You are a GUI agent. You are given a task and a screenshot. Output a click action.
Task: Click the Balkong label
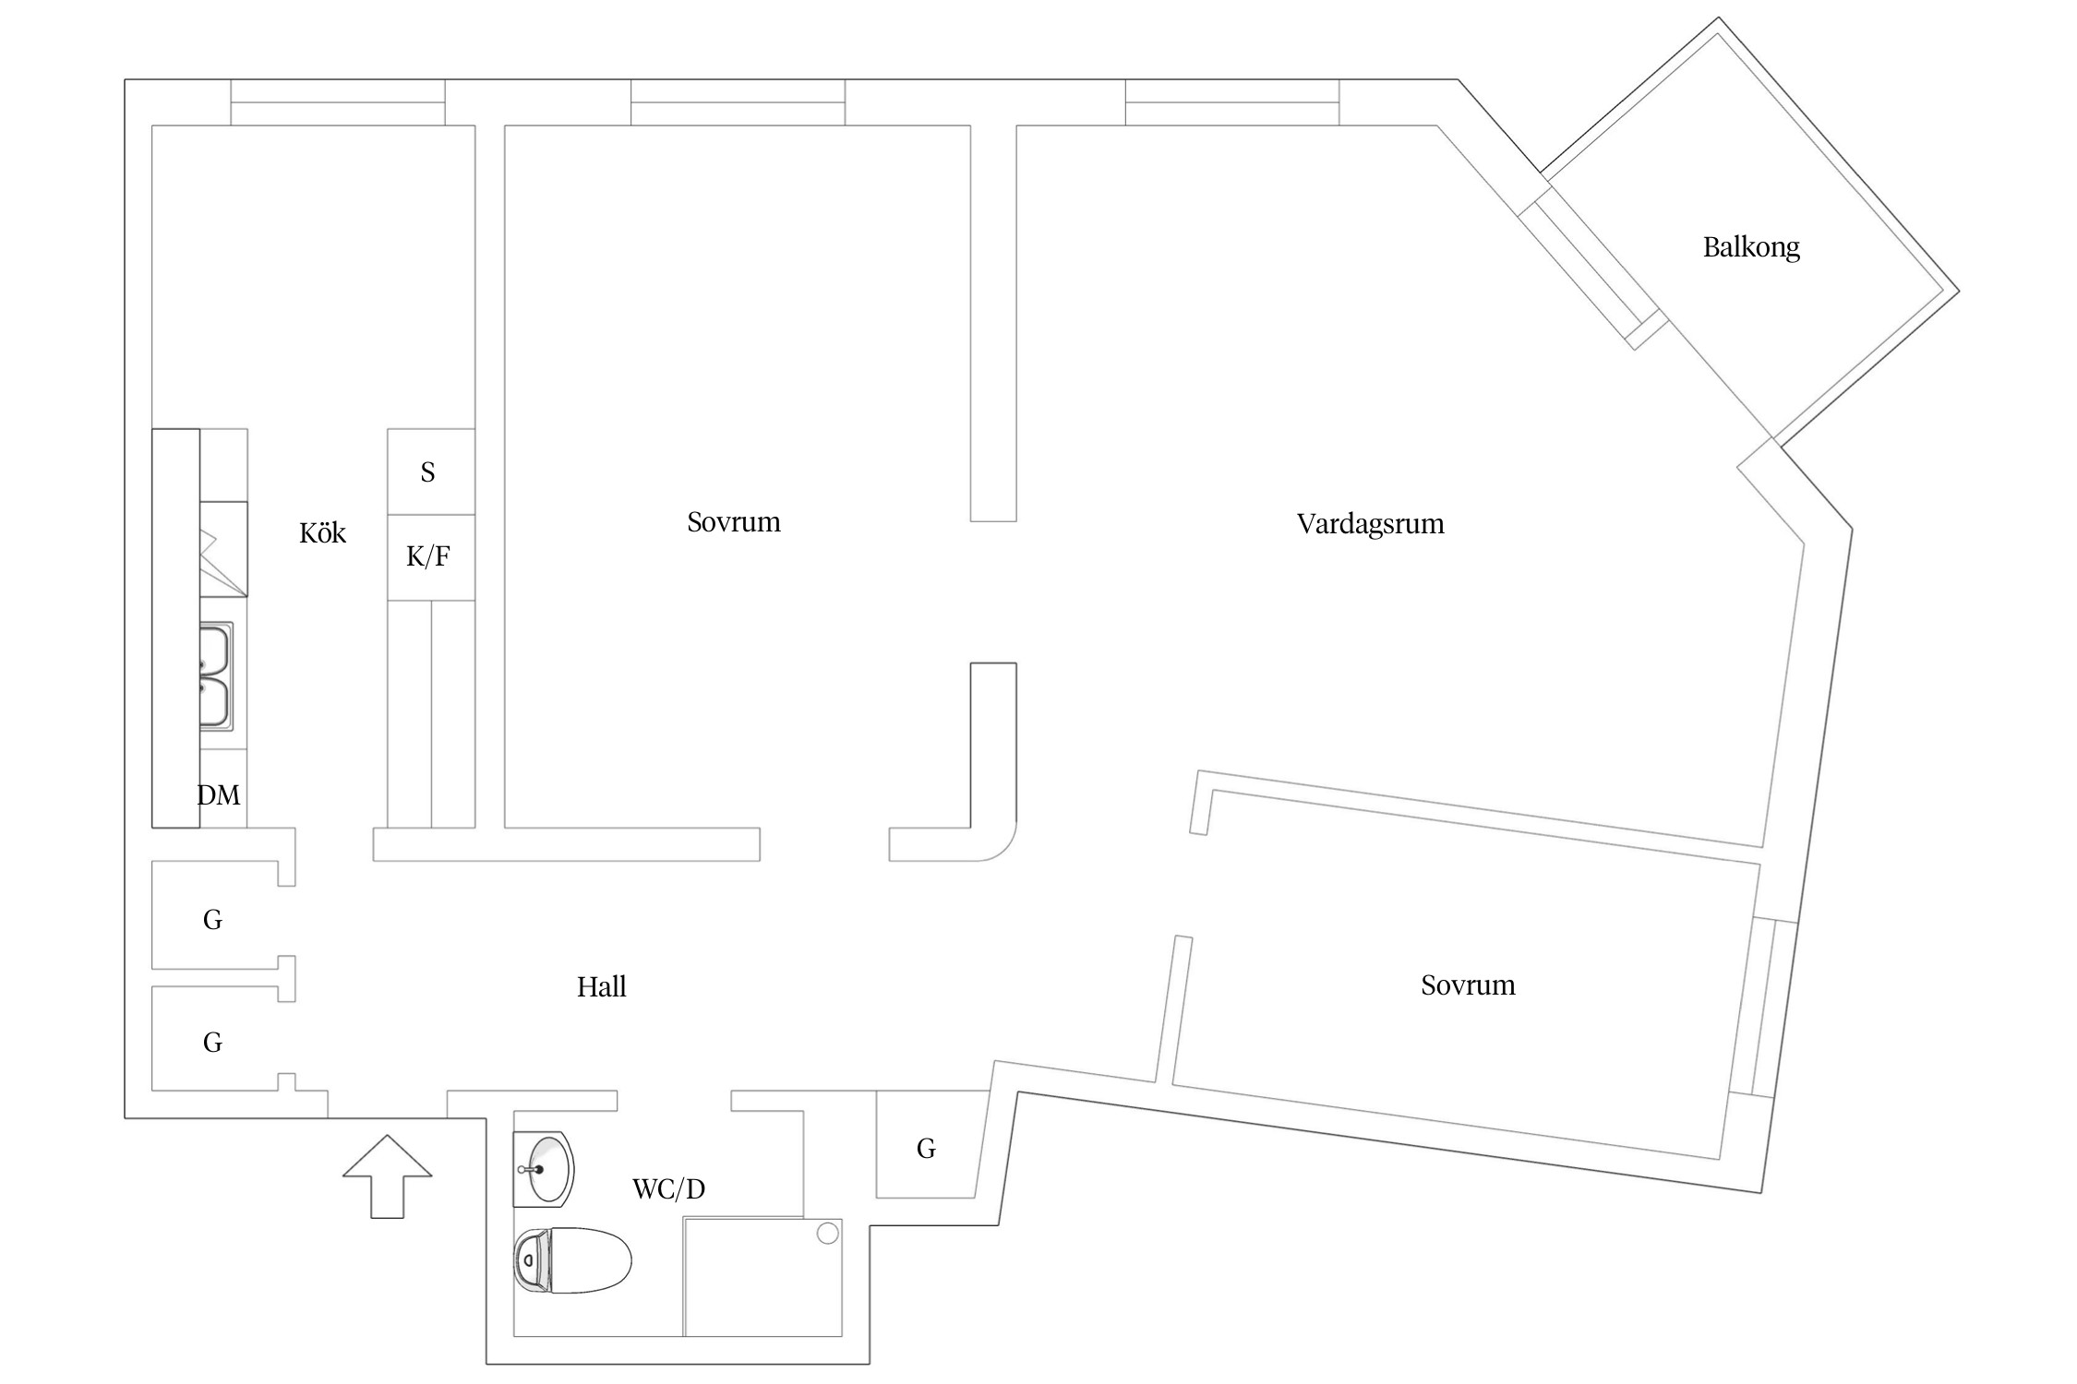[1750, 247]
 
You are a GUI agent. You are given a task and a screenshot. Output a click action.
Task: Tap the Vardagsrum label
[1370, 524]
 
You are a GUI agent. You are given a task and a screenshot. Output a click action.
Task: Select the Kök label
[322, 533]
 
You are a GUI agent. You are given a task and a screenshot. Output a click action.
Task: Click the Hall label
[601, 987]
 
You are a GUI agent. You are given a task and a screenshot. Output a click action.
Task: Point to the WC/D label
[668, 1188]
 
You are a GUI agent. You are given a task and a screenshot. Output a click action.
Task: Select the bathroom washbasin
[544, 1169]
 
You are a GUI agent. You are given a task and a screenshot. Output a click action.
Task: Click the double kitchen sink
[216, 676]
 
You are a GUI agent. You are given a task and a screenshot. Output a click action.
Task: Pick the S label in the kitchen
[427, 472]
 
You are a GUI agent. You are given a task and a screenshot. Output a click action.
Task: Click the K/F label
[428, 556]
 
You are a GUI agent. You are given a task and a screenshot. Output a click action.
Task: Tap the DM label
[219, 795]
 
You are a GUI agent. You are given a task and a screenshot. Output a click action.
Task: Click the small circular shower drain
[828, 1233]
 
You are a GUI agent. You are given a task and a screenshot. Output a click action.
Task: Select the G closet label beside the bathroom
[926, 1149]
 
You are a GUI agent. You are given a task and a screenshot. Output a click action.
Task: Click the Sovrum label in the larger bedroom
[734, 522]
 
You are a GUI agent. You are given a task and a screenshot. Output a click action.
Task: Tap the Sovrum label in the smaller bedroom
[1468, 985]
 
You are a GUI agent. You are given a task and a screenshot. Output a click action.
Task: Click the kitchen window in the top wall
[338, 102]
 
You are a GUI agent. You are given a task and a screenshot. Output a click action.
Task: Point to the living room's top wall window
[1231, 102]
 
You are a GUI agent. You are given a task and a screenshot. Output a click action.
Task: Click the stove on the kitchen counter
[223, 549]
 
